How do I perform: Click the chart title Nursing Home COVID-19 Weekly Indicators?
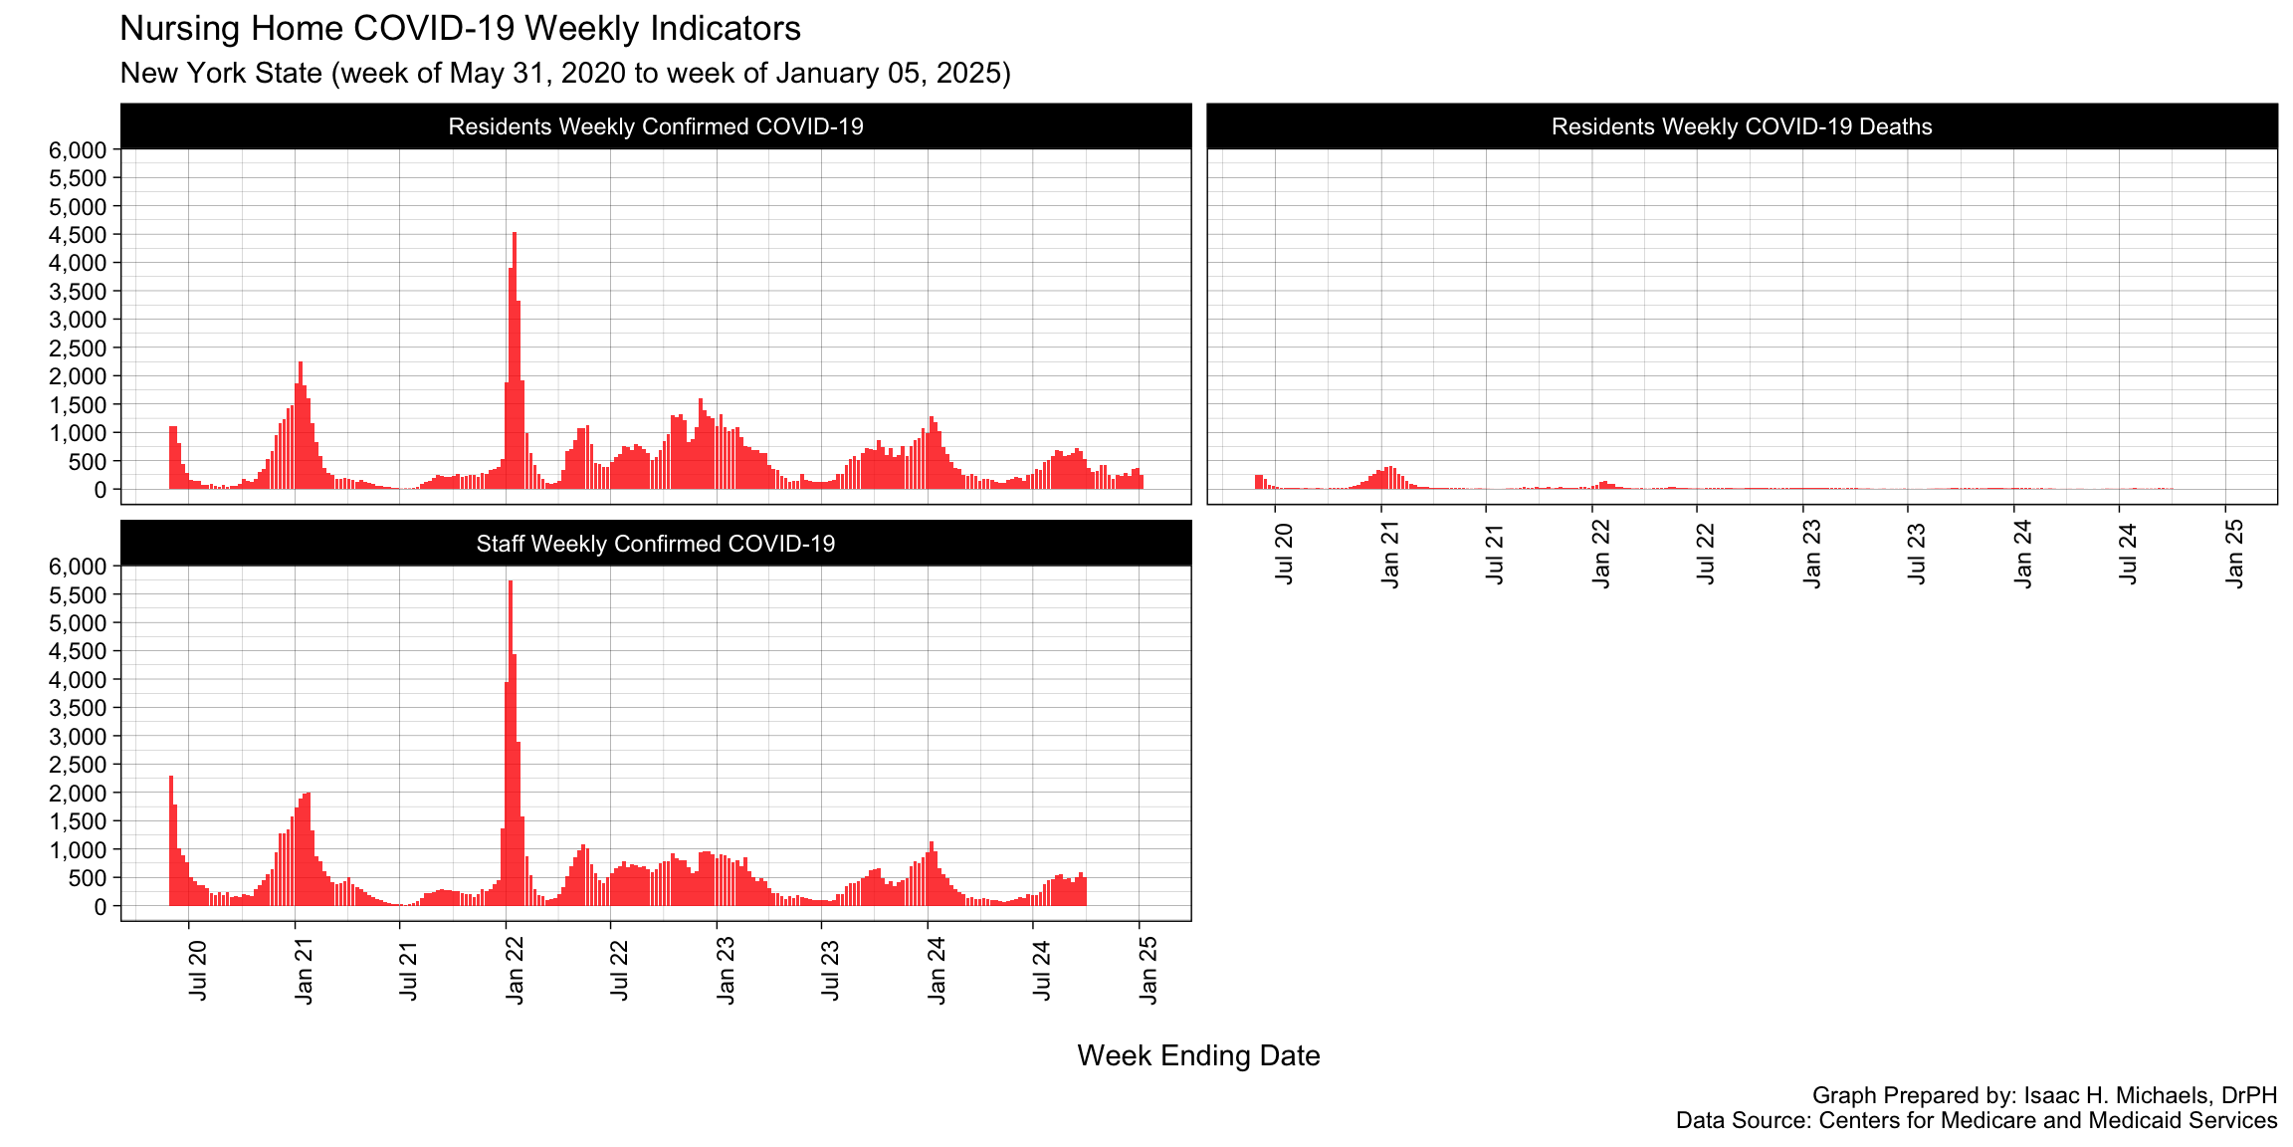click(x=460, y=29)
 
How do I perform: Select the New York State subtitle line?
click(x=564, y=74)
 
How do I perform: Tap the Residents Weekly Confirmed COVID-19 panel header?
click(x=656, y=126)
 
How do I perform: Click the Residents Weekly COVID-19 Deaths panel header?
click(x=1742, y=126)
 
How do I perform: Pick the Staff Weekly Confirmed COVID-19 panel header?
click(x=656, y=544)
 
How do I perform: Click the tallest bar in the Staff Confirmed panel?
click(x=511, y=742)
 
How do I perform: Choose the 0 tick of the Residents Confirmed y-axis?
click(x=99, y=490)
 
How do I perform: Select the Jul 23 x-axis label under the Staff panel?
click(x=830, y=971)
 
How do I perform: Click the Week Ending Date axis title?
click(x=1198, y=1055)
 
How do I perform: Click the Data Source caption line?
click(x=1976, y=1121)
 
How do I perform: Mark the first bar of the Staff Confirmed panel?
click(x=171, y=841)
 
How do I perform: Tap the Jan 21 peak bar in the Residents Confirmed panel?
click(x=301, y=425)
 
